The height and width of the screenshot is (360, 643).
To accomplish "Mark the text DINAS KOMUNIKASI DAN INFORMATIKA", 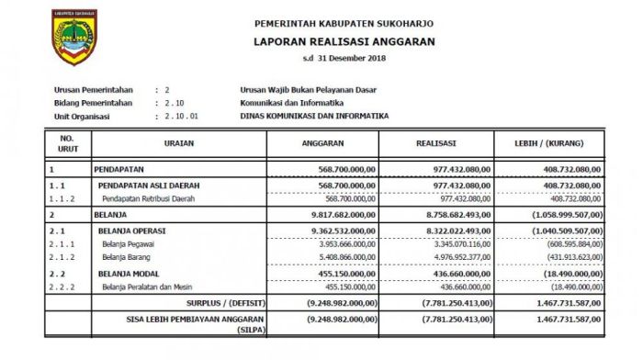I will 313,117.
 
